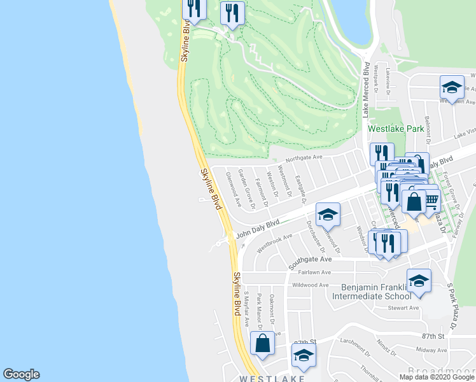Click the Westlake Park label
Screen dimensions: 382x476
point(396,129)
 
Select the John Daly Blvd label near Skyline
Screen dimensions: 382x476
point(258,229)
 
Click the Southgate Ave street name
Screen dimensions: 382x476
point(311,260)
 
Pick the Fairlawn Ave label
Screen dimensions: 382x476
point(312,272)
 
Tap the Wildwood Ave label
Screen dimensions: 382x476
point(311,285)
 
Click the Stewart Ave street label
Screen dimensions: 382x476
point(404,308)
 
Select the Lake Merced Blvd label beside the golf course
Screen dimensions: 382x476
point(366,89)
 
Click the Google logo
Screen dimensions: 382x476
point(21,374)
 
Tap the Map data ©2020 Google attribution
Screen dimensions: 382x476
point(437,377)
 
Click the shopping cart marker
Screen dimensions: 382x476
point(431,201)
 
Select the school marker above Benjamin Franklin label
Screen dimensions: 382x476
point(419,281)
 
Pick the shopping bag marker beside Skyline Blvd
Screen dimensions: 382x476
point(262,343)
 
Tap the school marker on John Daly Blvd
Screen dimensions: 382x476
point(328,215)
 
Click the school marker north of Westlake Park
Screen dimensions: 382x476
point(452,88)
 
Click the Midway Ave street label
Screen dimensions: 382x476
point(431,350)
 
